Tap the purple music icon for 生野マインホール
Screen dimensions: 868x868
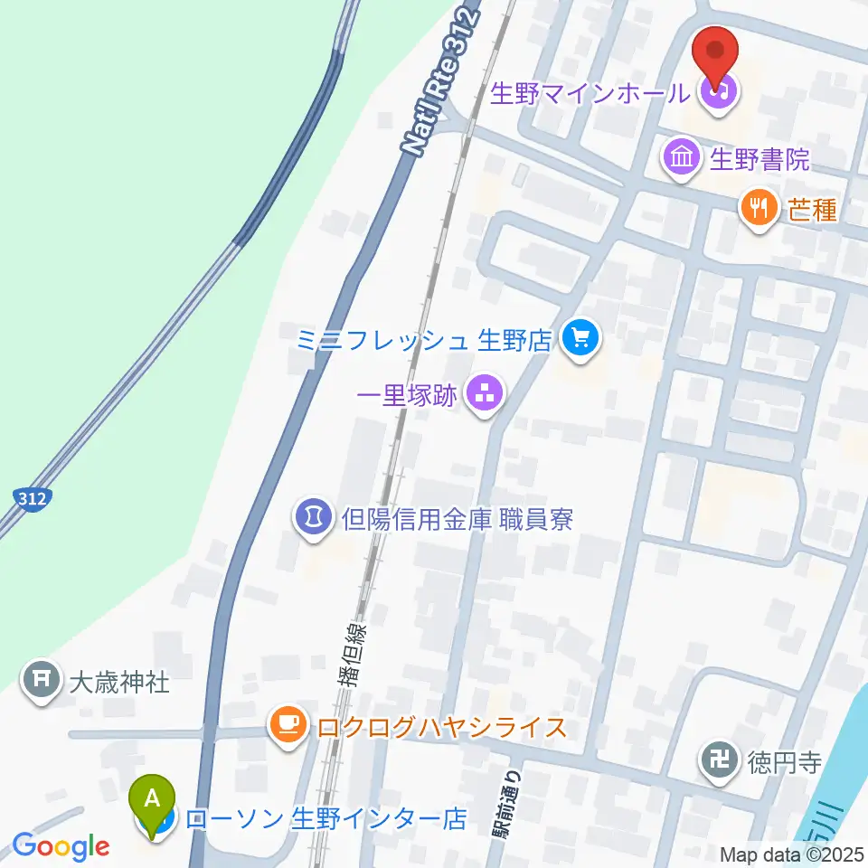[719, 91]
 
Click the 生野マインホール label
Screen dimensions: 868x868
[592, 92]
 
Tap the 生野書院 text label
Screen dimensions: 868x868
[759, 160]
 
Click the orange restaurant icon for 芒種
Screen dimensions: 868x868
[759, 210]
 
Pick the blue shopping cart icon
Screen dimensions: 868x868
[579, 341]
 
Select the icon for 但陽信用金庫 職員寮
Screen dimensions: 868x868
[312, 519]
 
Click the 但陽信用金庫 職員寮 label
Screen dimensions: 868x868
[458, 519]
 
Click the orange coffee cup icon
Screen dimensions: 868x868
[288, 726]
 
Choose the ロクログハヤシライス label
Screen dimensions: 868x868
[440, 727]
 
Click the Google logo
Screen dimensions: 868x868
[61, 846]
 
